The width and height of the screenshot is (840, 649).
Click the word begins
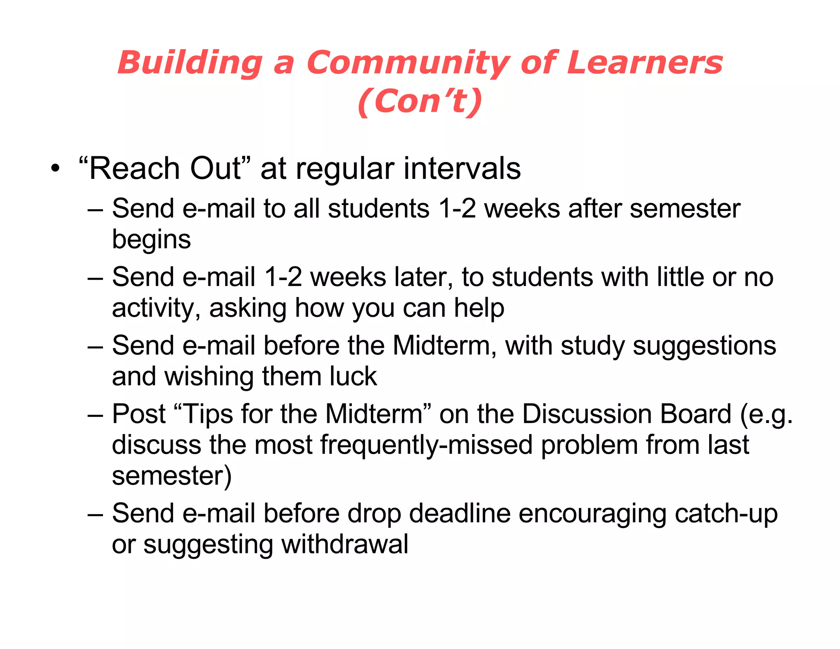click(x=151, y=240)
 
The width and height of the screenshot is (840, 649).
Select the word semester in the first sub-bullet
click(x=685, y=208)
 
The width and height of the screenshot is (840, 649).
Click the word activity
click(x=156, y=308)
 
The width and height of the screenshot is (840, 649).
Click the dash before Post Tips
click(x=95, y=414)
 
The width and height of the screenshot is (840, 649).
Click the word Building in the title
click(x=190, y=63)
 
